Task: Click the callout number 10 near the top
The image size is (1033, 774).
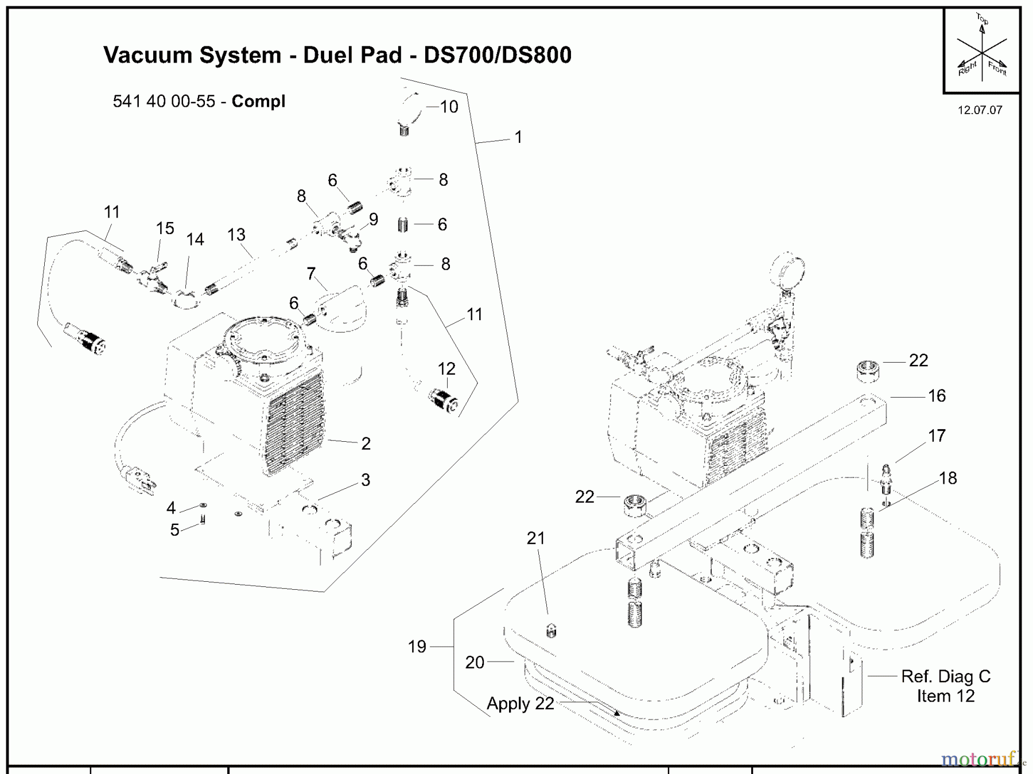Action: pos(449,107)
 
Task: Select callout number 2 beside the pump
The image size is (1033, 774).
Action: pos(366,444)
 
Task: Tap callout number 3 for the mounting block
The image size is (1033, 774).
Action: pos(366,480)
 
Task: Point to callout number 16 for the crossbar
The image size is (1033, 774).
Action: pos(937,396)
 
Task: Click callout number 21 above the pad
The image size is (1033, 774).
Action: pos(535,538)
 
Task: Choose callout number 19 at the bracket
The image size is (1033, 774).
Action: pos(417,647)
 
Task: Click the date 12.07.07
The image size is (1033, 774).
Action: pos(980,110)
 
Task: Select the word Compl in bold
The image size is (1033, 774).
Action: pos(258,102)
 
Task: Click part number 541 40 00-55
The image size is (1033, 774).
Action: pos(164,102)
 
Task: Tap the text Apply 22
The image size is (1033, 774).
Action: pos(520,703)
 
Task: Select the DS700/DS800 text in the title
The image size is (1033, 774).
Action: pos(497,55)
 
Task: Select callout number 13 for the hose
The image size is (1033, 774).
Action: pos(236,235)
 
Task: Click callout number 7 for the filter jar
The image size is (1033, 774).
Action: pos(311,274)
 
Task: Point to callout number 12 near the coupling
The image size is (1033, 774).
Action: pos(446,368)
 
